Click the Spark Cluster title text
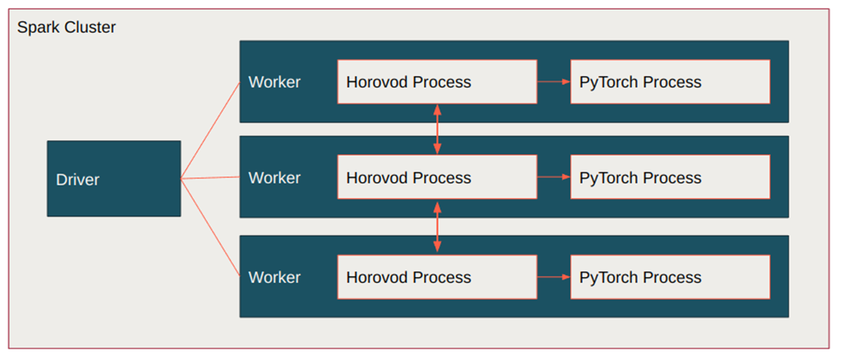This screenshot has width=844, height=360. click(66, 28)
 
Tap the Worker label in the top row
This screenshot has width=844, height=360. click(274, 82)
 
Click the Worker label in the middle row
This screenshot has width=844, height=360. click(274, 178)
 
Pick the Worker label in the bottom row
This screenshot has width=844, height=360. click(274, 278)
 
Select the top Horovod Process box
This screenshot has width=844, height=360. click(437, 82)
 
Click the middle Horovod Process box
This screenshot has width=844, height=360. click(437, 177)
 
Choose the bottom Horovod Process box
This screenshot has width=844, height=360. click(437, 277)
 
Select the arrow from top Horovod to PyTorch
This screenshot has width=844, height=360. click(554, 82)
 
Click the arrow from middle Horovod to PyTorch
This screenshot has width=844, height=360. click(554, 177)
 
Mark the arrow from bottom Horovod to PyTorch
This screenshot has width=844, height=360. click(554, 277)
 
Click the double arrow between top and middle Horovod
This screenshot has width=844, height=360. click(437, 129)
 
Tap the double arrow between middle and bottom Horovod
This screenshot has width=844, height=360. click(437, 227)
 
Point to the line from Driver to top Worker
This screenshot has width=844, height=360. click(211, 130)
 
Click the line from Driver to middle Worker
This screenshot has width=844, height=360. click(211, 178)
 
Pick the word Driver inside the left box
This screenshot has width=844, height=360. click(77, 180)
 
